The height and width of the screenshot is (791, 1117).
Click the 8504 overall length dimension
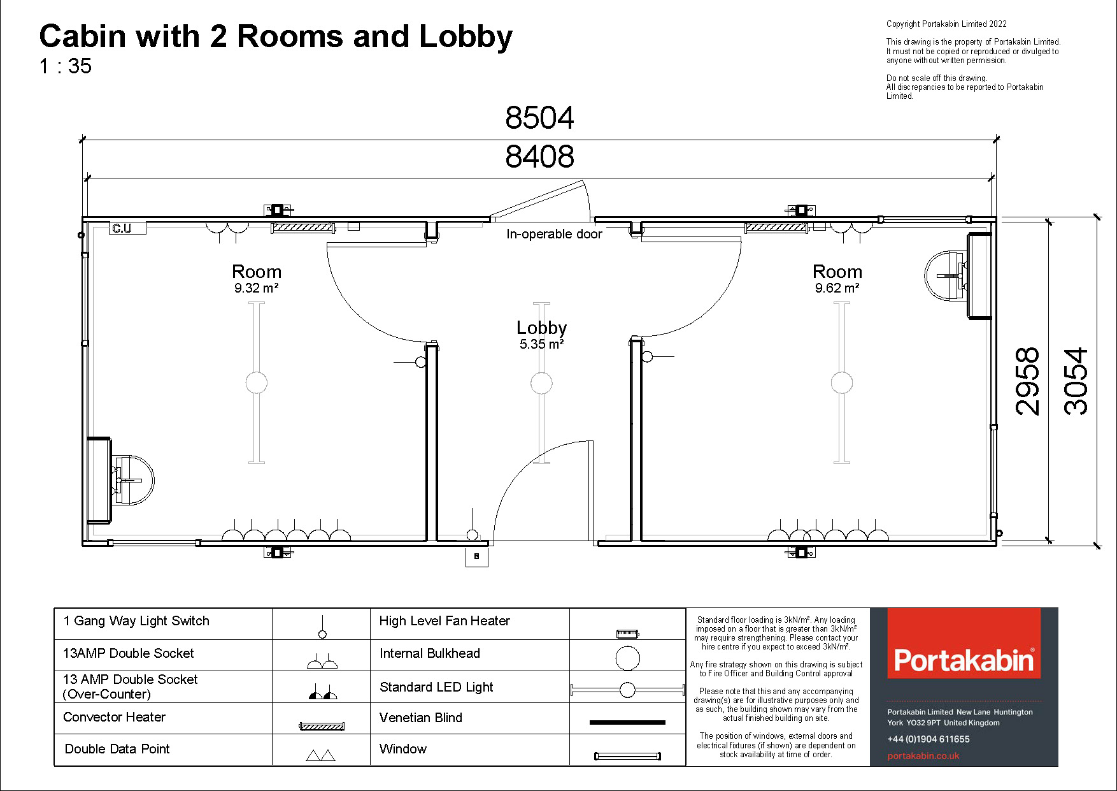539,118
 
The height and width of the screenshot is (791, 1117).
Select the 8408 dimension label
539,157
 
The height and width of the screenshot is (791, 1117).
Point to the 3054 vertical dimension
1076,381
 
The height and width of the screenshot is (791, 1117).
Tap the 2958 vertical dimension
1027,381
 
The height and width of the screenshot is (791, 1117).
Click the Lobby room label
541,328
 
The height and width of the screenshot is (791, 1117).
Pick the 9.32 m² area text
256,288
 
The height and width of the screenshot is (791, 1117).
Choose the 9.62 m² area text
837,288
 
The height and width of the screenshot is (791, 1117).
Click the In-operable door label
554,234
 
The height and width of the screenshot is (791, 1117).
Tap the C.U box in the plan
122,228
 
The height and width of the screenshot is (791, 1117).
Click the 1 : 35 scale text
65,66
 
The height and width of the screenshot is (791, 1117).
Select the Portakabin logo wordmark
964,660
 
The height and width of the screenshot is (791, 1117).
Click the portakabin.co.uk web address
923,756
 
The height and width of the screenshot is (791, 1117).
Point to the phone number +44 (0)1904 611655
928,739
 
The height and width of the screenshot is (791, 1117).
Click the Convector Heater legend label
115,717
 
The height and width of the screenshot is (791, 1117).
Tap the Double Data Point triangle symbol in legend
321,755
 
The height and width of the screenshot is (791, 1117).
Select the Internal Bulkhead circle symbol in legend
627,658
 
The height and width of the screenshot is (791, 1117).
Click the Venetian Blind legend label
421,718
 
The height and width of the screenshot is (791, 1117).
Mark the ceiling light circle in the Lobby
541,383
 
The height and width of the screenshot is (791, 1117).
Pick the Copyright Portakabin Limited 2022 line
946,24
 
